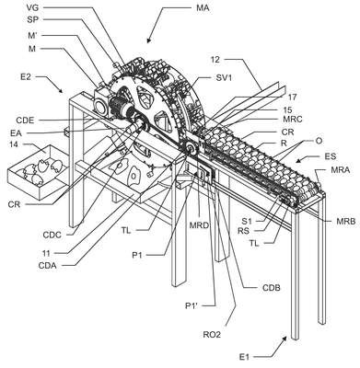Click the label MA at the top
203,7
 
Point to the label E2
26,76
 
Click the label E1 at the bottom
245,357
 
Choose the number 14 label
15,144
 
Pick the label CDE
25,121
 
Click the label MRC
293,119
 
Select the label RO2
212,335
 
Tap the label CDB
272,288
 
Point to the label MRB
345,221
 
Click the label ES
331,156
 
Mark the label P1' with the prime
192,305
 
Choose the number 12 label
215,60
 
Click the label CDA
48,265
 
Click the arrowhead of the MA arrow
149,40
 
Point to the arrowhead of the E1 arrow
285,338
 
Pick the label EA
15,132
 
